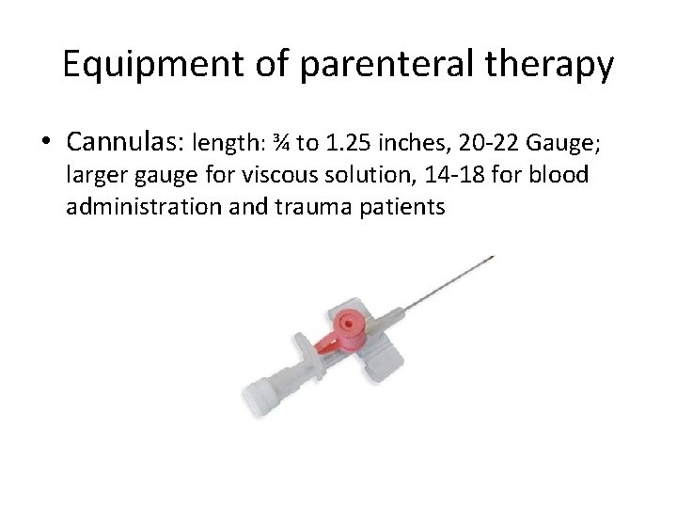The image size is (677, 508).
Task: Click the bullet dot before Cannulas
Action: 47,144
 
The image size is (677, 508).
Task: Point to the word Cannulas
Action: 125,142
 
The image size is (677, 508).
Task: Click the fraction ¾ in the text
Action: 280,144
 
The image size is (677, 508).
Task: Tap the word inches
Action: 413,144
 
